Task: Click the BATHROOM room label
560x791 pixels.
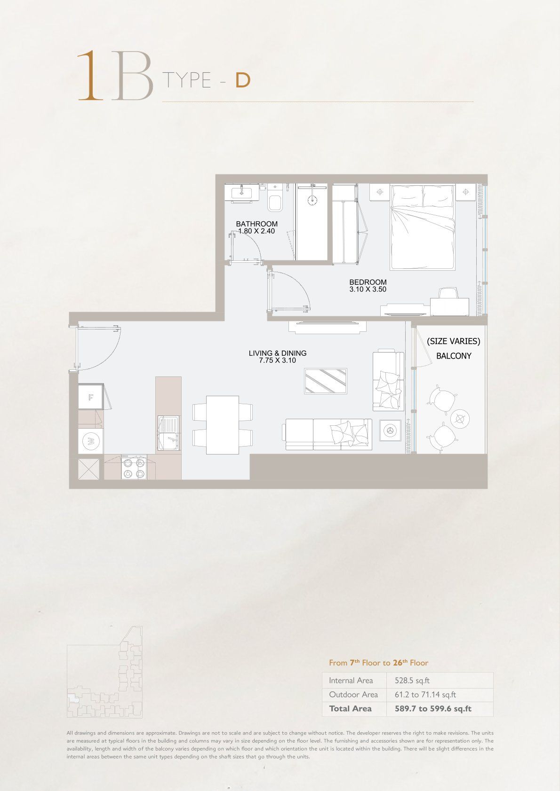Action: pyautogui.click(x=256, y=224)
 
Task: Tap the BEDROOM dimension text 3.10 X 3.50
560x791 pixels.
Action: pyautogui.click(x=368, y=289)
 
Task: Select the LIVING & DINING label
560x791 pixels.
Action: pyautogui.click(x=278, y=353)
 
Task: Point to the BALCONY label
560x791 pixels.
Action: pyautogui.click(x=454, y=356)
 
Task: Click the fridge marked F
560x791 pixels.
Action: pyautogui.click(x=91, y=397)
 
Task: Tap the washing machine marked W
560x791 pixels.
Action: pyautogui.click(x=91, y=441)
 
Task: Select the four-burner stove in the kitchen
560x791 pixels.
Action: pyautogui.click(x=134, y=467)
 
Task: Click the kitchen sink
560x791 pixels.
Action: pyautogui.click(x=168, y=433)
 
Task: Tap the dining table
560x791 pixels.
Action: pyautogui.click(x=223, y=425)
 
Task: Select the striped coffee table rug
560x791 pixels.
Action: pyautogui.click(x=326, y=381)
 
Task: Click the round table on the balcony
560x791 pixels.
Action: pyautogui.click(x=460, y=419)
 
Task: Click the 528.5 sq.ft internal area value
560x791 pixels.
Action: pyautogui.click(x=412, y=681)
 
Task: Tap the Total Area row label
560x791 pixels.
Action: pyautogui.click(x=351, y=709)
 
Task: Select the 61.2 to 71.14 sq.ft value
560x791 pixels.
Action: pyautogui.click(x=425, y=695)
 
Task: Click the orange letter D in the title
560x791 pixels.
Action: pyautogui.click(x=243, y=81)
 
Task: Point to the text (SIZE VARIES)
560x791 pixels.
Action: pyautogui.click(x=454, y=341)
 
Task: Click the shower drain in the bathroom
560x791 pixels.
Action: pyautogui.click(x=312, y=200)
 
